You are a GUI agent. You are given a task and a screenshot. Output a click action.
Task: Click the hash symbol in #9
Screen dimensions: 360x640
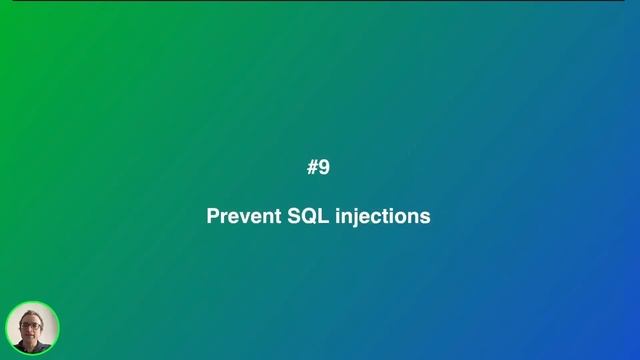point(312,168)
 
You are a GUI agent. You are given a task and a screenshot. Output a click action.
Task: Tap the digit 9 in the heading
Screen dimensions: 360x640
point(324,168)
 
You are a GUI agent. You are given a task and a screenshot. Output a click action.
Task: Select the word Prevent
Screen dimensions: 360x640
point(243,216)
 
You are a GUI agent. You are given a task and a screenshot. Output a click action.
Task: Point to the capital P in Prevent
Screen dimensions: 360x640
point(213,216)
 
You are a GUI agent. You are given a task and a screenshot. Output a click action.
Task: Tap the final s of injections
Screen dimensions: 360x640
point(425,217)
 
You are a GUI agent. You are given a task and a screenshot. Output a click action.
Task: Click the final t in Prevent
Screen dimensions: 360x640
point(276,216)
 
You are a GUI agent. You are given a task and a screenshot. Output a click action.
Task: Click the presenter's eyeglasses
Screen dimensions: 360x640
point(30,325)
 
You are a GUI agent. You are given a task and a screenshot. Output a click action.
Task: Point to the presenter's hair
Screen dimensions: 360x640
point(30,313)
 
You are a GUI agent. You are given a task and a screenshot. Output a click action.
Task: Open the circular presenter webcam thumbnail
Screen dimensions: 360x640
point(32,328)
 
